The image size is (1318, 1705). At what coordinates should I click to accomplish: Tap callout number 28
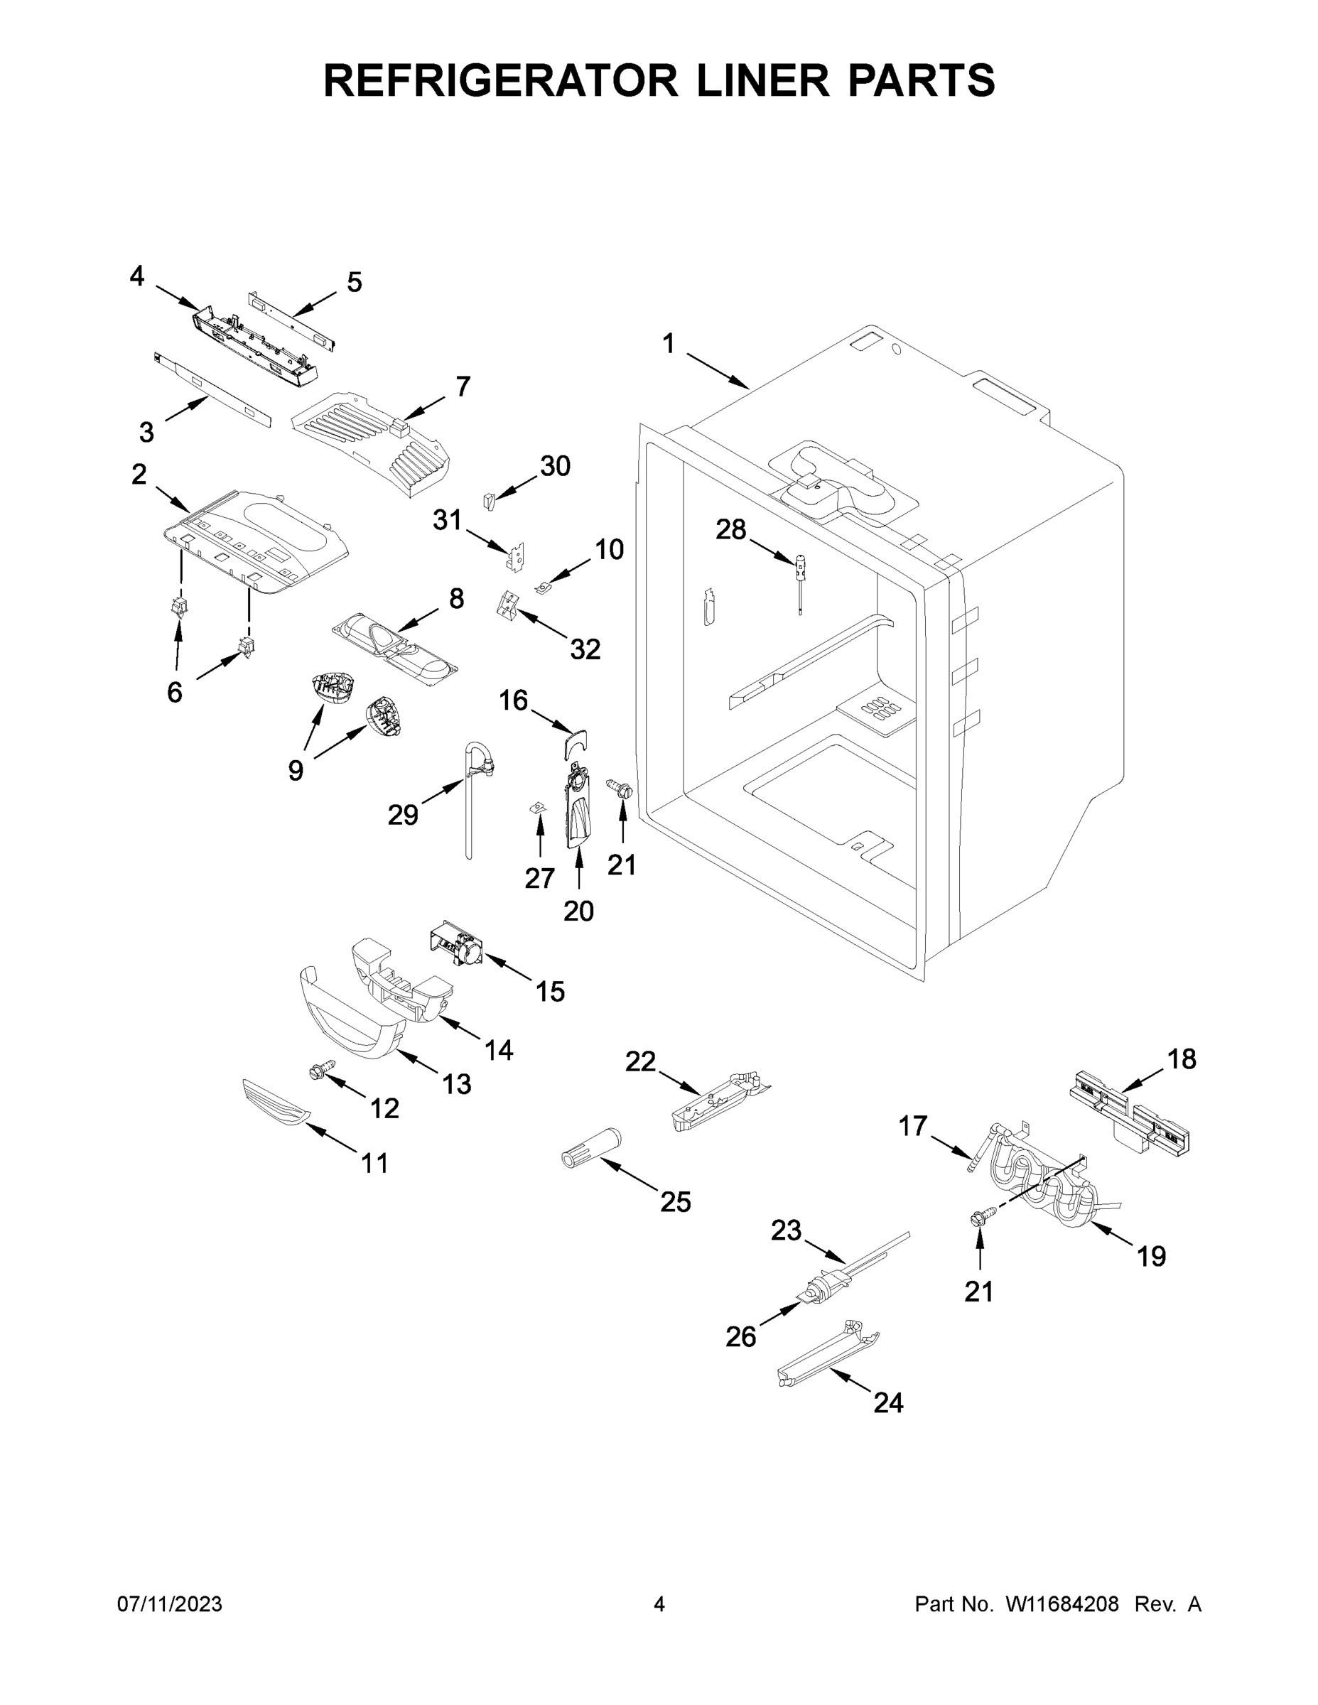[x=731, y=530]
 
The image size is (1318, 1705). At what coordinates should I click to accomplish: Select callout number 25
[x=676, y=1201]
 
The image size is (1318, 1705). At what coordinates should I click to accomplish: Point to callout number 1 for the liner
[x=669, y=344]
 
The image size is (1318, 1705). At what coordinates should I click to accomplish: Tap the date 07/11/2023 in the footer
[x=169, y=1604]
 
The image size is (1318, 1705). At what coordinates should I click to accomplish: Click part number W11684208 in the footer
[x=1062, y=1604]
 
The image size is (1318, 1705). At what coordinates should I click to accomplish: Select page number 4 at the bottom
[x=659, y=1604]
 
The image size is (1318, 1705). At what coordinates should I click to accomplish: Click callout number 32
[x=585, y=649]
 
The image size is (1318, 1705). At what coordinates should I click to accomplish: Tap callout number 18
[x=1182, y=1059]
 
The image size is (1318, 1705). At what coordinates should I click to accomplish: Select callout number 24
[x=889, y=1403]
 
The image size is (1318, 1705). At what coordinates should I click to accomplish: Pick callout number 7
[x=463, y=386]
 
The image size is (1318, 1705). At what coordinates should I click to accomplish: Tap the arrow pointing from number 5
[x=313, y=303]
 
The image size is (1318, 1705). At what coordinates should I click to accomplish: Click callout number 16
[x=514, y=700]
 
